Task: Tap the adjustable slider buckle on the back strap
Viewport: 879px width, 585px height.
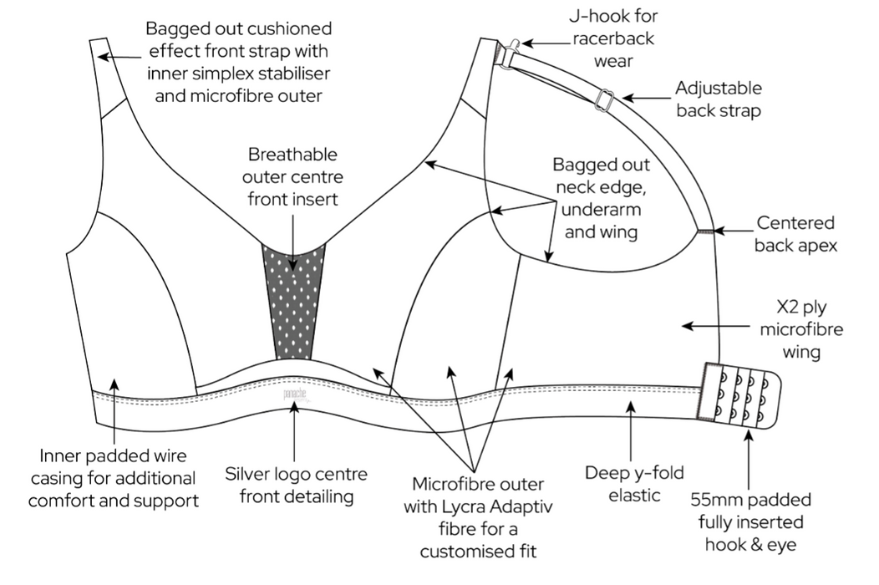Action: pos(607,100)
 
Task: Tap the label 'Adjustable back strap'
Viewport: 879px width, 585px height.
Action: pos(718,99)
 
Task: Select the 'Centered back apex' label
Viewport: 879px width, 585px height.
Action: pos(795,234)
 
